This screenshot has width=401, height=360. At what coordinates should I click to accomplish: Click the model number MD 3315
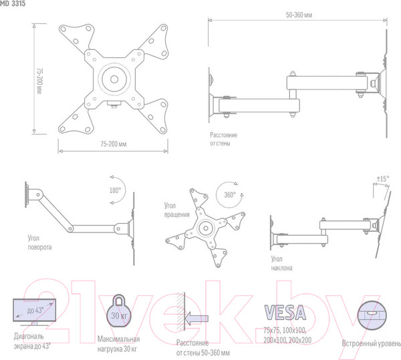pyautogui.click(x=13, y=4)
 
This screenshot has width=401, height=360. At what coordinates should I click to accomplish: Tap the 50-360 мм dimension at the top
pyautogui.click(x=299, y=15)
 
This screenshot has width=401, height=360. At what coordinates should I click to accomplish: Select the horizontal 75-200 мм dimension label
pyautogui.click(x=114, y=144)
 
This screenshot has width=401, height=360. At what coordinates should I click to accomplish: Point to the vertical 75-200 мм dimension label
pyautogui.click(x=39, y=81)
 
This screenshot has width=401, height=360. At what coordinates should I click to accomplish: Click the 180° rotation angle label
pyautogui.click(x=115, y=190)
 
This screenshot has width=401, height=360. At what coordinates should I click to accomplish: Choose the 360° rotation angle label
pyautogui.click(x=230, y=195)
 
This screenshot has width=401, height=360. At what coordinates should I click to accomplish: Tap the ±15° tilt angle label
pyautogui.click(x=383, y=178)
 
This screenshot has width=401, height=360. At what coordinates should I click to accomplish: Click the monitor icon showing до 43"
pyautogui.click(x=35, y=312)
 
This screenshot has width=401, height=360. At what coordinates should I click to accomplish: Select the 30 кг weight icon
pyautogui.click(x=119, y=311)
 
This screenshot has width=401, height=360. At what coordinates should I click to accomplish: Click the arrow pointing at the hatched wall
pyautogui.click(x=196, y=319)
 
